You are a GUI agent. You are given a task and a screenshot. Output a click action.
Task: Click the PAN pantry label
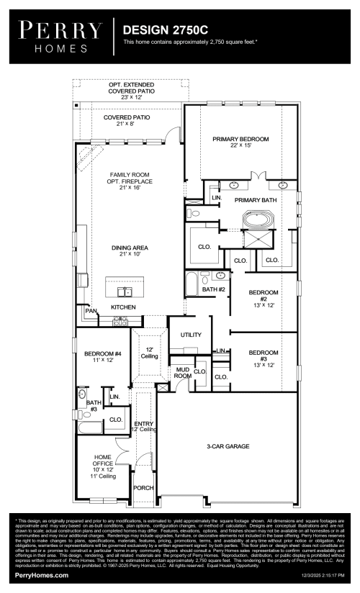click(93, 312)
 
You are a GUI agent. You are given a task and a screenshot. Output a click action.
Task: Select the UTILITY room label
click(191, 335)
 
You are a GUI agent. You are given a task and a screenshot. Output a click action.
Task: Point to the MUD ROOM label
click(182, 373)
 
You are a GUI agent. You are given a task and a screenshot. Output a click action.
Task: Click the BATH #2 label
click(214, 289)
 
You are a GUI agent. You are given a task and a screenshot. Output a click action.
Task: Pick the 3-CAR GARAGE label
click(228, 446)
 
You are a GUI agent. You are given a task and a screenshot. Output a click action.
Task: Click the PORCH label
click(144, 487)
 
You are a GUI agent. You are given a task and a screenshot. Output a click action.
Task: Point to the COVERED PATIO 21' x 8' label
click(127, 120)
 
